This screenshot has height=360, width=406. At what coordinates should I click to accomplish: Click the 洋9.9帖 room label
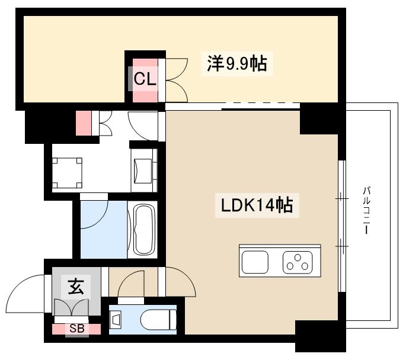point(236,63)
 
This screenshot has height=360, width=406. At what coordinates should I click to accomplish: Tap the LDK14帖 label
point(257,205)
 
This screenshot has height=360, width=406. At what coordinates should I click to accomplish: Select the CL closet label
point(145,79)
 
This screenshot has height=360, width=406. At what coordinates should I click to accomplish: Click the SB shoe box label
point(76,327)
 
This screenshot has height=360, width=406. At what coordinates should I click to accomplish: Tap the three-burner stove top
point(298,261)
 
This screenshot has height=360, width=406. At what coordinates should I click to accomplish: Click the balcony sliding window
point(342,225)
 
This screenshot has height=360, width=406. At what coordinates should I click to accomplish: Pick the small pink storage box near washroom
point(84,123)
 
